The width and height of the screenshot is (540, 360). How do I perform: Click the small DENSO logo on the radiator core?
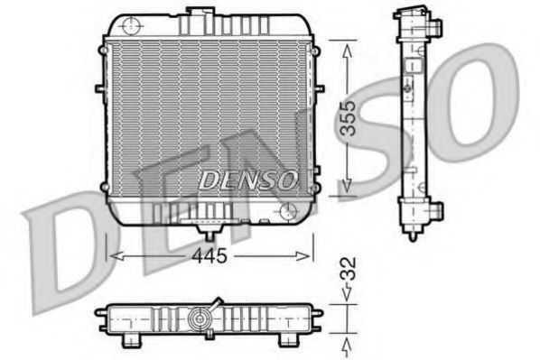(x=247, y=179)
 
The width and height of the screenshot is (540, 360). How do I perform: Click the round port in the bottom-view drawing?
(x=200, y=318)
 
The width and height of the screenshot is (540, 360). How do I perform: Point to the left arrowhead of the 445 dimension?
(x=112, y=256)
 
